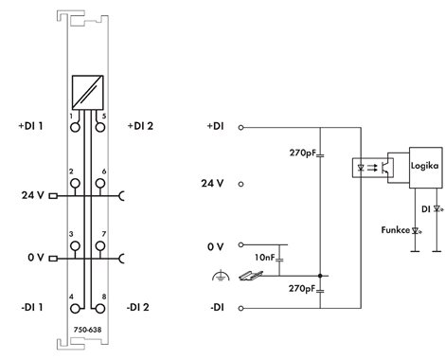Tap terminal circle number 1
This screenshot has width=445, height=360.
point(75,127)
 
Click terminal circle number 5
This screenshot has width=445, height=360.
point(100,127)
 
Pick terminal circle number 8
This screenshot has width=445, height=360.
point(100,309)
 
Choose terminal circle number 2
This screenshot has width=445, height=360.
point(75,183)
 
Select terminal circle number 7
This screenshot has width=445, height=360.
point(100,245)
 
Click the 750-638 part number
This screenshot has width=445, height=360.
point(87,330)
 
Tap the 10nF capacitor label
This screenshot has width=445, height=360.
point(265,258)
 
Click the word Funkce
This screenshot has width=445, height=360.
point(395,230)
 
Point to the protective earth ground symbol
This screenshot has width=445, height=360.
point(221,276)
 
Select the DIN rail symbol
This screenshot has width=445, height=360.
point(251,276)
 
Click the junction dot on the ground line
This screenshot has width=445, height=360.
point(320,276)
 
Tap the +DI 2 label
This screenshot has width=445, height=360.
point(140,126)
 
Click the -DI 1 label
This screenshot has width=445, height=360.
point(32,307)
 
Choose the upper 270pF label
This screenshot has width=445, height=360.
point(303,153)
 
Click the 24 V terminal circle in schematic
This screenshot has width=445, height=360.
point(240,184)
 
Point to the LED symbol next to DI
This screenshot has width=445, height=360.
point(437,208)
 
